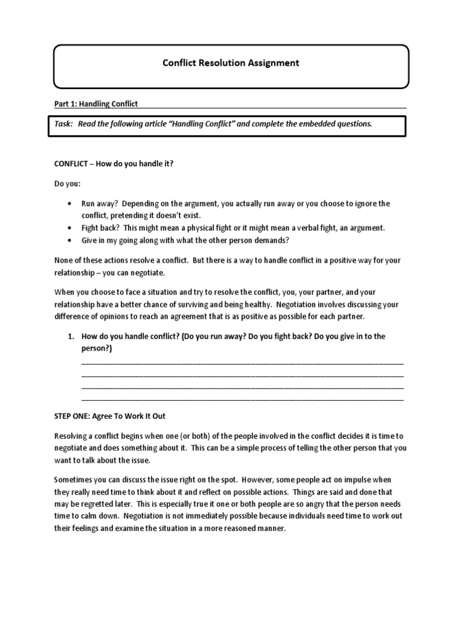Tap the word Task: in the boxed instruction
(63, 124)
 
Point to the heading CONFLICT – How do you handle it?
(113, 164)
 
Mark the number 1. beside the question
(70, 336)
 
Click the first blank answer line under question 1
(242, 363)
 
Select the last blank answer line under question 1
(242, 399)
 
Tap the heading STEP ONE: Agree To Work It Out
(109, 416)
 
